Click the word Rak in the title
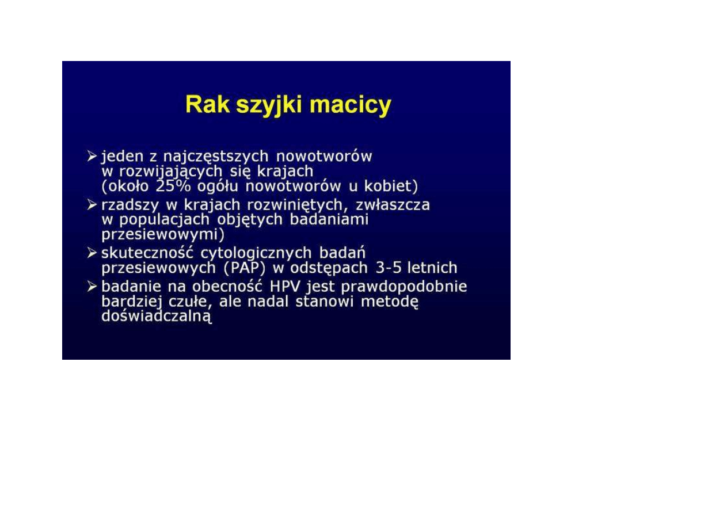[x=207, y=105]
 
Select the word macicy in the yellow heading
[x=350, y=105]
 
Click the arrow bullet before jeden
[x=92, y=156]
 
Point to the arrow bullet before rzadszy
[x=92, y=205]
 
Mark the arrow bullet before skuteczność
[x=92, y=253]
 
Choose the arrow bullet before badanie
[x=92, y=287]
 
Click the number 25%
[x=173, y=186]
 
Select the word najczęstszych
[x=215, y=157]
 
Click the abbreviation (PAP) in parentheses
[x=245, y=268]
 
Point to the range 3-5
[x=388, y=268]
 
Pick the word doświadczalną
[x=157, y=317]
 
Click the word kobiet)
[x=391, y=186]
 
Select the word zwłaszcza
[x=393, y=205]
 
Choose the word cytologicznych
[x=256, y=254]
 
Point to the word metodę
[x=390, y=302]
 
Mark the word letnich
[x=432, y=268]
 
